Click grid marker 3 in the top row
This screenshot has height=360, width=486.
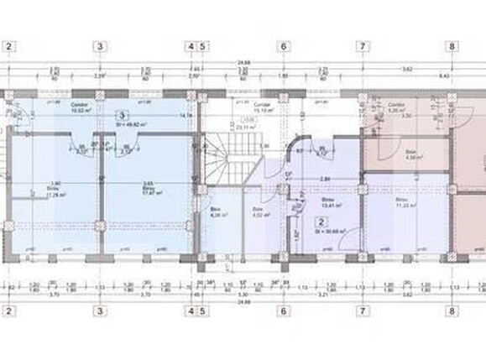coord(100,46)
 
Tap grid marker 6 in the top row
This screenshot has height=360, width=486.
coord(284,46)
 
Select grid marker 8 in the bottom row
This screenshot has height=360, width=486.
coord(452,311)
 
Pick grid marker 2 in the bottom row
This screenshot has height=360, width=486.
coord(8,311)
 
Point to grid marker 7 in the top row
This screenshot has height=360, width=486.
coord(362,46)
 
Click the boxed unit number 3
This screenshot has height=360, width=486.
coord(123,115)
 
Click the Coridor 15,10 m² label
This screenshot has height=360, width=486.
coord(264,107)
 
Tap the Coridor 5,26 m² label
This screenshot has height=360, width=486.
coord(398,107)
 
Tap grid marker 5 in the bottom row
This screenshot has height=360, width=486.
coord(204,311)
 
